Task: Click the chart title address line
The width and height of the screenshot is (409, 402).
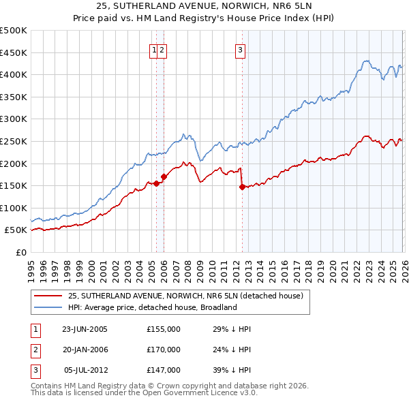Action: (204, 5)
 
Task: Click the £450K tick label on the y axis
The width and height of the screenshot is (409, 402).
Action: (14, 52)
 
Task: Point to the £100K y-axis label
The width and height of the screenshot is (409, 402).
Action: (14, 208)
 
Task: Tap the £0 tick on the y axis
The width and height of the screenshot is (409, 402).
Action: (22, 252)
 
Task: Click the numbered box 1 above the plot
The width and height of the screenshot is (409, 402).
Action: (155, 49)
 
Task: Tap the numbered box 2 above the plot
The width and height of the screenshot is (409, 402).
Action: (164, 49)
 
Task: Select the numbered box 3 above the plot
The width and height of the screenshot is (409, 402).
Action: (241, 49)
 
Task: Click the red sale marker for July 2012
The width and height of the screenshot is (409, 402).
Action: (241, 187)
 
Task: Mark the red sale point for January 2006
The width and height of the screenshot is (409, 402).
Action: (164, 176)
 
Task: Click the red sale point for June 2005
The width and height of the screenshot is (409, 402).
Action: (156, 183)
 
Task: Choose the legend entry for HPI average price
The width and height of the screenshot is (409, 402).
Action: (152, 307)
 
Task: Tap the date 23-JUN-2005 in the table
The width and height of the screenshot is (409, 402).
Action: (85, 329)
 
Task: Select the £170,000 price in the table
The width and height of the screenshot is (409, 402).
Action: (163, 350)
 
